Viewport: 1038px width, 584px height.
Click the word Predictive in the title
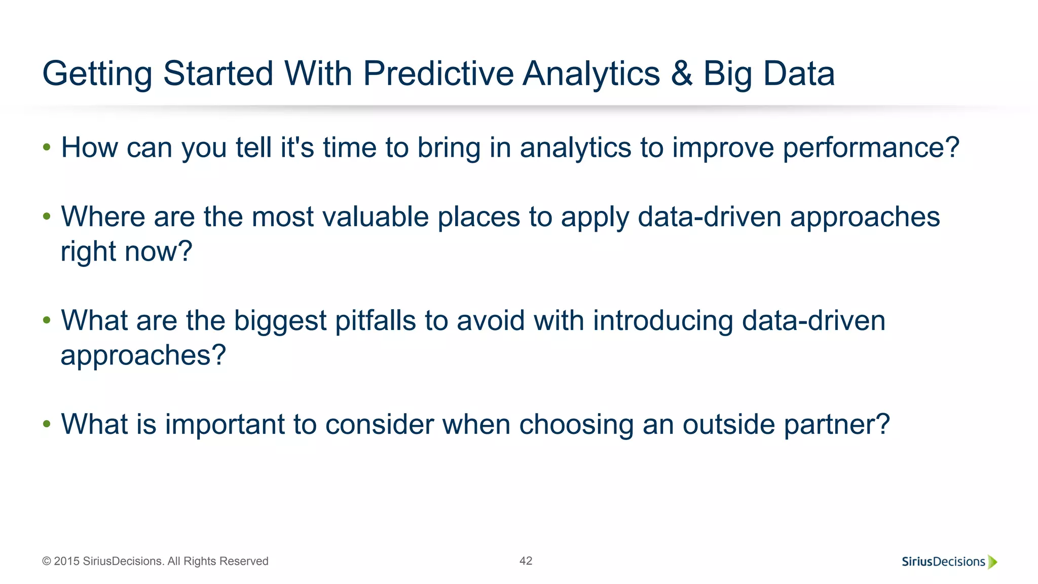point(438,74)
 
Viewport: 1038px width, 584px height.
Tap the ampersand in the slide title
point(682,74)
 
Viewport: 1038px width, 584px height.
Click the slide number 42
point(526,561)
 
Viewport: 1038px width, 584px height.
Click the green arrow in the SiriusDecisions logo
point(992,562)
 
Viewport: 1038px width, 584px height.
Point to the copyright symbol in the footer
point(47,561)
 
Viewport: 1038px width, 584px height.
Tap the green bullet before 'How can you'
point(47,148)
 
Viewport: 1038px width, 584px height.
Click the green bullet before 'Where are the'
point(47,217)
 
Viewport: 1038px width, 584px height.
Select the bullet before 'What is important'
point(47,424)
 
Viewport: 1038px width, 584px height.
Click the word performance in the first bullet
point(870,148)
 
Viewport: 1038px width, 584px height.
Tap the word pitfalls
point(376,321)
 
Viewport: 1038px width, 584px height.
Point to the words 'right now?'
point(127,251)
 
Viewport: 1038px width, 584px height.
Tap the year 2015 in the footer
point(67,561)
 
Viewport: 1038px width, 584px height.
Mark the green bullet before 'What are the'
point(47,320)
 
